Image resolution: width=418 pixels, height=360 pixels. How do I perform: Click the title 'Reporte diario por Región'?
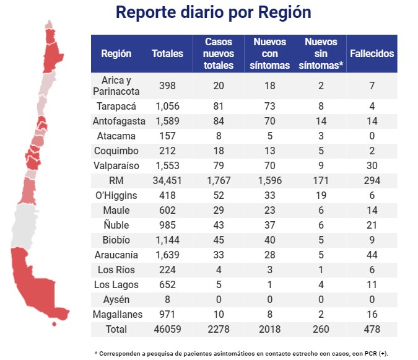[x=214, y=14]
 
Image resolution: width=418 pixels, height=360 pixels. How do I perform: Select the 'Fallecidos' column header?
[x=372, y=53]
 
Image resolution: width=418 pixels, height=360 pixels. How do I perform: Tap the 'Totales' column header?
[x=167, y=53]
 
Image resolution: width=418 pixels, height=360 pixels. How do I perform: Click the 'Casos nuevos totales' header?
[x=219, y=53]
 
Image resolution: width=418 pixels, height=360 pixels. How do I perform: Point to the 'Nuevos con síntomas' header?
[x=271, y=53]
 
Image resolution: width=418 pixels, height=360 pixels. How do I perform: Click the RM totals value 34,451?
[x=167, y=180]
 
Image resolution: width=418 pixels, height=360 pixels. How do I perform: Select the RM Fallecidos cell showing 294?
[x=372, y=180]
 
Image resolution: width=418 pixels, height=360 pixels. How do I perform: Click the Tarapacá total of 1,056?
[x=167, y=106]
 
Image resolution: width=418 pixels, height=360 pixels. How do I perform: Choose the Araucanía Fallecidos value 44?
[x=372, y=255]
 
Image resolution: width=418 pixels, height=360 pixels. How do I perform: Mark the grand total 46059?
[x=167, y=329]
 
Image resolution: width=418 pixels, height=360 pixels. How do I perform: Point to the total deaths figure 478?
[x=372, y=329]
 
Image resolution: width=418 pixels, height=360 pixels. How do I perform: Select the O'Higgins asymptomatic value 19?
[x=321, y=195]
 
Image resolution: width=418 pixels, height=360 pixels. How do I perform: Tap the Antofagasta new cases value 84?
[x=219, y=121]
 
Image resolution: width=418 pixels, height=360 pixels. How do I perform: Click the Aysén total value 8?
[x=167, y=299]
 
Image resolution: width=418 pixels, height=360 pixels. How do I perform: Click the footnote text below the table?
[x=242, y=353]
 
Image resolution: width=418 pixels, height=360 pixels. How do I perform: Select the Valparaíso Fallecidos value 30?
[x=372, y=165]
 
